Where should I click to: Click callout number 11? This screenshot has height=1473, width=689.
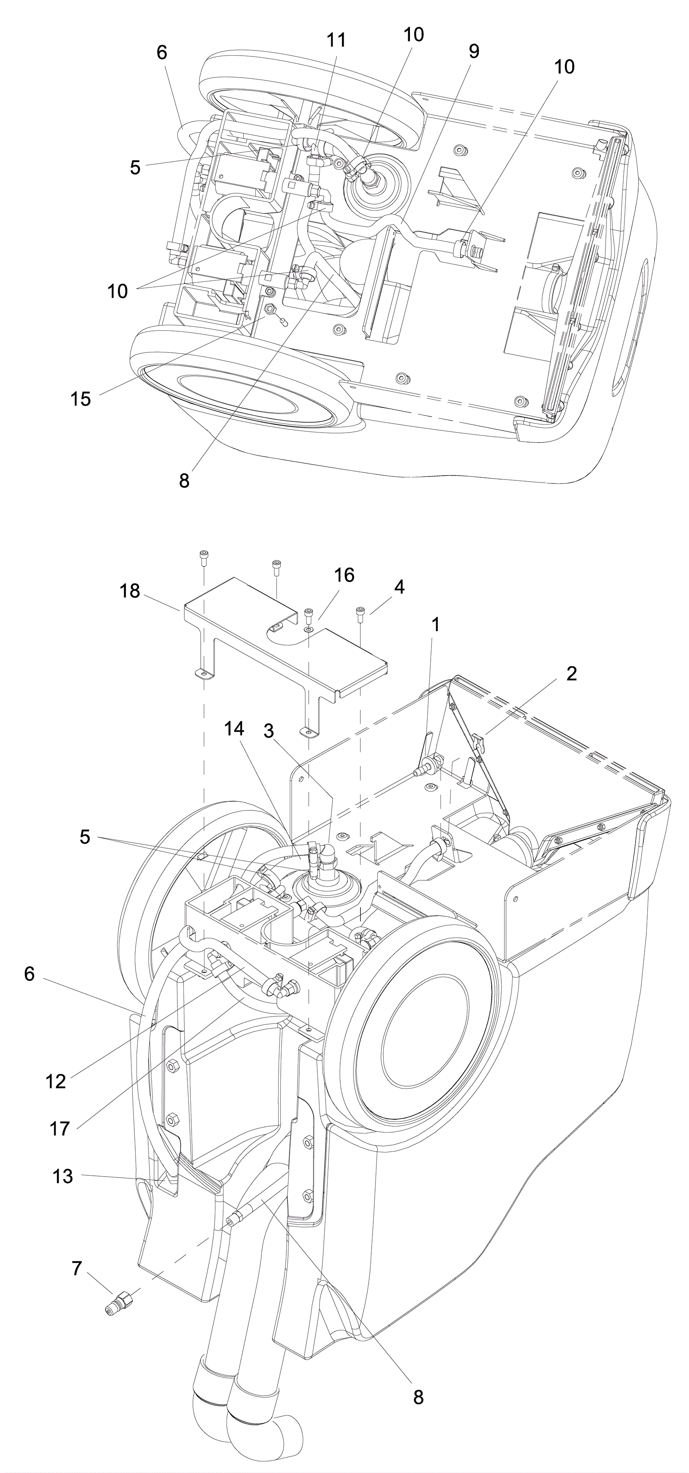(x=336, y=40)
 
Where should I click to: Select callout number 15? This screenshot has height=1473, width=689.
(x=81, y=399)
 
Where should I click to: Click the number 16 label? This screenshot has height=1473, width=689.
(x=344, y=575)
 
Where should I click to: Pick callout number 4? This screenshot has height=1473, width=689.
(x=399, y=587)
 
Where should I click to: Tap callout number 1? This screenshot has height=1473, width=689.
(x=436, y=625)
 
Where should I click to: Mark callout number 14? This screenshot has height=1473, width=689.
(x=234, y=729)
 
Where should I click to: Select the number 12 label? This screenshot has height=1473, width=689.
(x=56, y=1081)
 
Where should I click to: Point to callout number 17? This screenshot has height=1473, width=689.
(x=59, y=1128)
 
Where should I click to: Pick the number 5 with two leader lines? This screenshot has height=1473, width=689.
(x=85, y=837)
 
